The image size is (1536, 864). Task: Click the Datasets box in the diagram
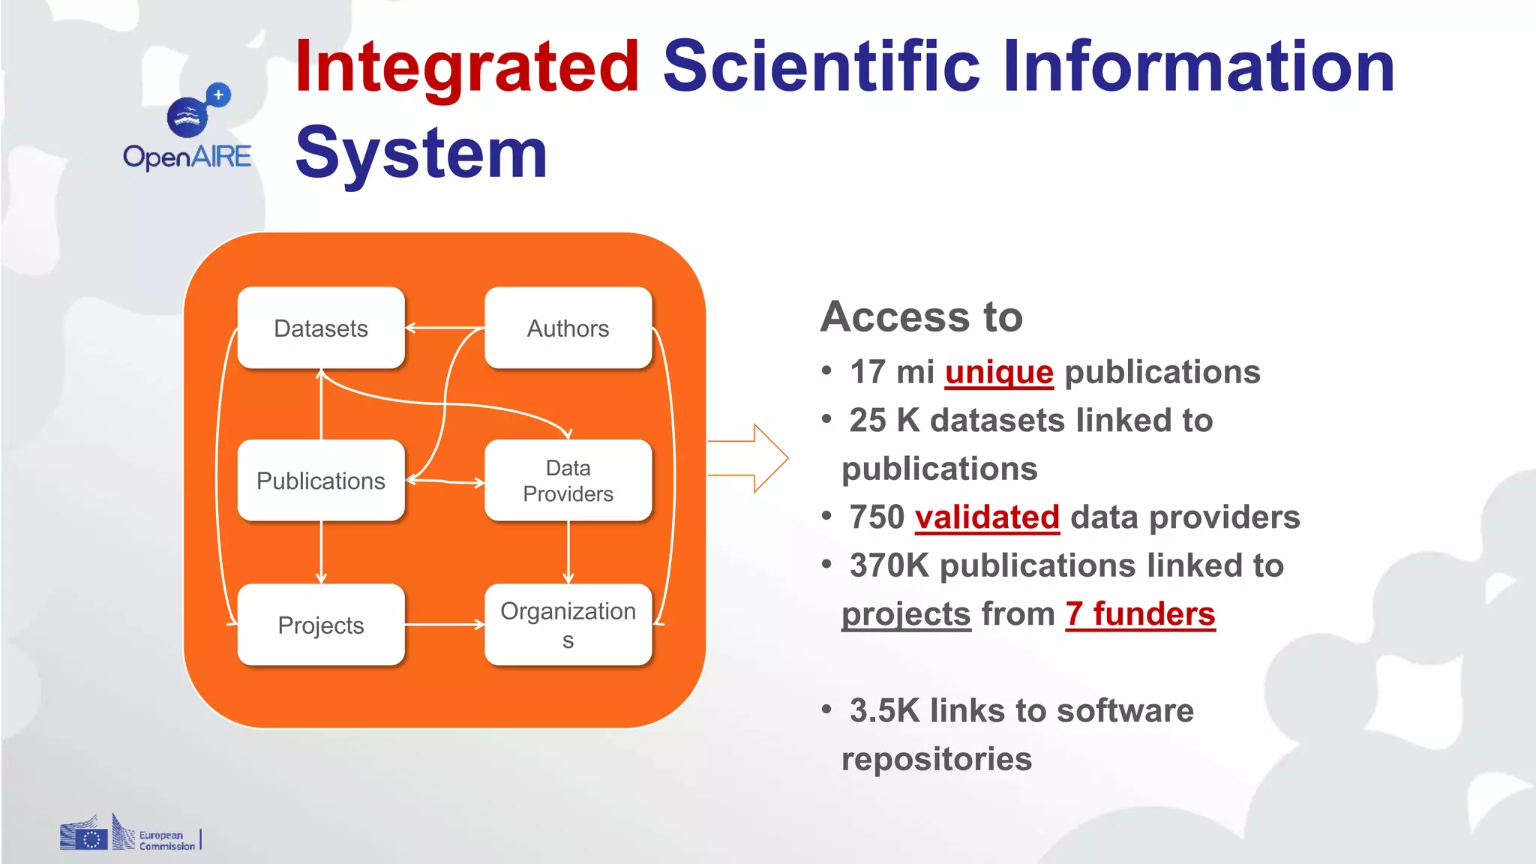(x=321, y=328)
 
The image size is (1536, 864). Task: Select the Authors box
(x=568, y=328)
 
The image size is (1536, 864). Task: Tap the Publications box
(x=321, y=480)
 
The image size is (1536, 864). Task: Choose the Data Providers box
(x=568, y=480)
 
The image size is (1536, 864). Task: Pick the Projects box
(x=321, y=625)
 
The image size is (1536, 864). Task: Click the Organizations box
(x=568, y=625)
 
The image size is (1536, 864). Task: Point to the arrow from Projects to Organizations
(x=444, y=624)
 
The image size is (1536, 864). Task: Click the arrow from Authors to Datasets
(x=444, y=328)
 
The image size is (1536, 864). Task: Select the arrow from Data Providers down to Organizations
(x=568, y=552)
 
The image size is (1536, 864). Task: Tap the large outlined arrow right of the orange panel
(x=750, y=458)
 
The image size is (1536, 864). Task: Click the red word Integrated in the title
(x=466, y=67)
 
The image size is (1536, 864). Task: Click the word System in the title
(x=421, y=154)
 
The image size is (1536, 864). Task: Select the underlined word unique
(x=999, y=372)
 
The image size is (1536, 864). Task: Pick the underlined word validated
(x=987, y=517)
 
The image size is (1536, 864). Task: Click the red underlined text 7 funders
(x=1140, y=614)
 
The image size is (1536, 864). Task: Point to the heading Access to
(x=922, y=316)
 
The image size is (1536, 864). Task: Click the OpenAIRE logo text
(x=187, y=157)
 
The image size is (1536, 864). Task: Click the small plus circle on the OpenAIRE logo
(x=218, y=95)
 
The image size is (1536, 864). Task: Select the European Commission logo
(x=129, y=834)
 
